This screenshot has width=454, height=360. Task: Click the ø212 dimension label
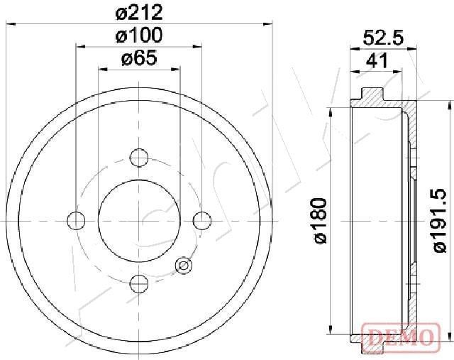140,11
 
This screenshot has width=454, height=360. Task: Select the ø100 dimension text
140,35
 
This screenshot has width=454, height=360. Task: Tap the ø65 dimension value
139,59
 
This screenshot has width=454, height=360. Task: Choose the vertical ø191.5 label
440,221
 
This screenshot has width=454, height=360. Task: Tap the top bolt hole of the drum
140,156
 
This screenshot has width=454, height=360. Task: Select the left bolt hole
75,221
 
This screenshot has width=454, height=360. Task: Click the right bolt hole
204,221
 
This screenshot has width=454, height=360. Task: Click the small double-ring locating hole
183,266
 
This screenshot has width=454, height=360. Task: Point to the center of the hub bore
140,221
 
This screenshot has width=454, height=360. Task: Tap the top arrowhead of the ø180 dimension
331,108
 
